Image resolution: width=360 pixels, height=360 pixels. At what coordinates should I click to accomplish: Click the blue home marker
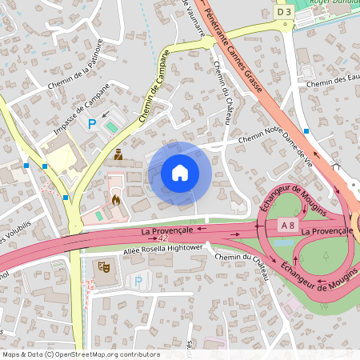[180, 172]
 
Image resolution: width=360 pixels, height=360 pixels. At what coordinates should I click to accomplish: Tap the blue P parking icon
[92, 123]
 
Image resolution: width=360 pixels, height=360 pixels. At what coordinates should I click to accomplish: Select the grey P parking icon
[138, 281]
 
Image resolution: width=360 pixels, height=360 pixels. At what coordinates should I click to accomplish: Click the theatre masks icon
[102, 265]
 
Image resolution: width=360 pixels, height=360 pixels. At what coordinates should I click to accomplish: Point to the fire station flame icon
[115, 199]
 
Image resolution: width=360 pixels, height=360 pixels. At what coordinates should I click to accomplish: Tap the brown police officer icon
[118, 154]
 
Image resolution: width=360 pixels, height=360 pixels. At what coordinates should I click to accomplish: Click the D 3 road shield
[284, 12]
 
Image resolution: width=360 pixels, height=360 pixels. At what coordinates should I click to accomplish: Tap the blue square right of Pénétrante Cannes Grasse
[306, 130]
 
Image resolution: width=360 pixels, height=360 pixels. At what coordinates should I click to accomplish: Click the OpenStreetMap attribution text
[81, 354]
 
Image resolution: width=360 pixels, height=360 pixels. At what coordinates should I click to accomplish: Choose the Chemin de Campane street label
[154, 87]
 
